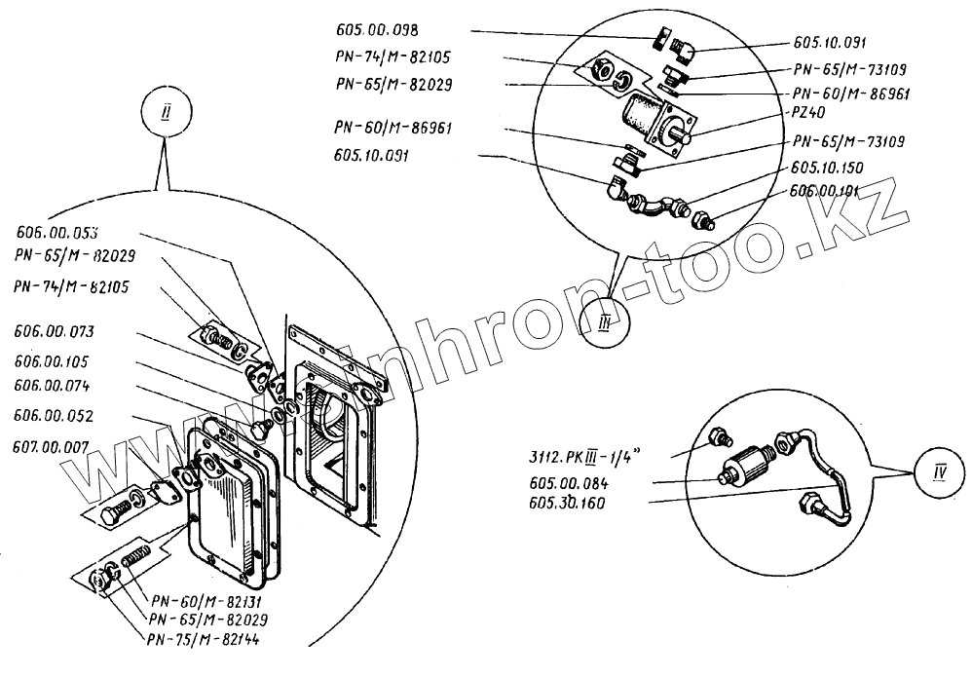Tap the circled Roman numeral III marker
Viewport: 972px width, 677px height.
pyautogui.click(x=604, y=324)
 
